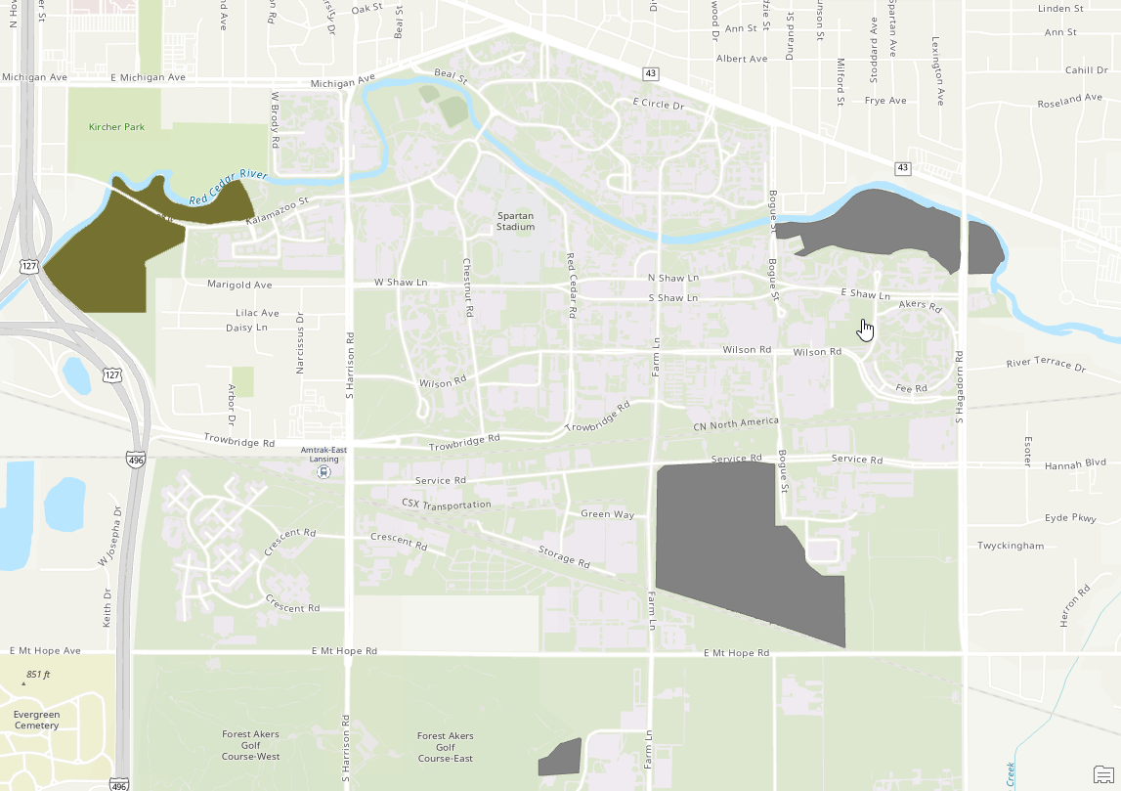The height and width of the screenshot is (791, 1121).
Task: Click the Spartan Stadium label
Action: tap(515, 221)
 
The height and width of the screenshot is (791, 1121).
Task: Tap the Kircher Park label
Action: tap(116, 127)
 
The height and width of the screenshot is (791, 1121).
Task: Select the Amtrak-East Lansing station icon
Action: tap(323, 471)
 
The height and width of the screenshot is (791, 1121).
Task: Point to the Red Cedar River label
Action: tap(228, 187)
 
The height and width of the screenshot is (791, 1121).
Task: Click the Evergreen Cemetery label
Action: tap(36, 720)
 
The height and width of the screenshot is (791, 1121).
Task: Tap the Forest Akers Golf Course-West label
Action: tap(251, 746)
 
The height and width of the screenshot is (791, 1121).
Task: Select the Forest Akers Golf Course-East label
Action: tap(445, 747)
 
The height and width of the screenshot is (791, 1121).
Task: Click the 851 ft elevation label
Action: tap(38, 675)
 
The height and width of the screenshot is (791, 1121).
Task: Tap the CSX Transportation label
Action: tap(446, 504)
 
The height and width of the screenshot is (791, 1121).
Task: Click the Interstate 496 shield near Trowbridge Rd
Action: tap(135, 458)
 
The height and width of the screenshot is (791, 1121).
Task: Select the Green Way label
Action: tap(607, 514)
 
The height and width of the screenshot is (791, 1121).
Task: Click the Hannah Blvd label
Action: tap(1074, 466)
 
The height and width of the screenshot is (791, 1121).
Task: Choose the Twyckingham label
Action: tap(1011, 546)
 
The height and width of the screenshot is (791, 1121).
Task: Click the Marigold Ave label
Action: tap(239, 285)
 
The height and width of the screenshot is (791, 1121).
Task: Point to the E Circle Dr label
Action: tap(658, 104)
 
